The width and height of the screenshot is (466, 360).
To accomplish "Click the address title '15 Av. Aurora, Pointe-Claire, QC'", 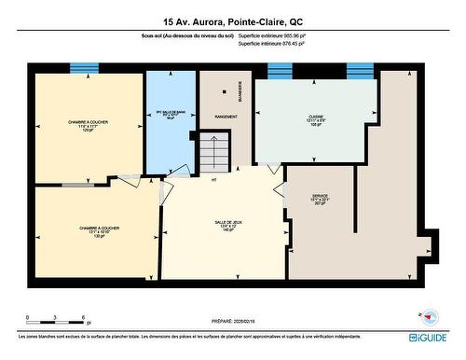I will (x=232, y=21).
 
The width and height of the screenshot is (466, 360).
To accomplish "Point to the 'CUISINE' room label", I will (x=316, y=118).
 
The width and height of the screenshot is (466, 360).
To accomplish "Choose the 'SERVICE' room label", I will (x=320, y=197).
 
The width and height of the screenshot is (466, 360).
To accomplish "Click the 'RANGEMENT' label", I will (x=226, y=117).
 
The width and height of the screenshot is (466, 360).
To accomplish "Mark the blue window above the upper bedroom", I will (x=84, y=67).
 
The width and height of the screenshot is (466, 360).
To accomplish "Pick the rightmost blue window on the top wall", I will (x=360, y=70).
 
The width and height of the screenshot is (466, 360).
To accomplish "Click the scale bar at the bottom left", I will (x=56, y=320).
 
